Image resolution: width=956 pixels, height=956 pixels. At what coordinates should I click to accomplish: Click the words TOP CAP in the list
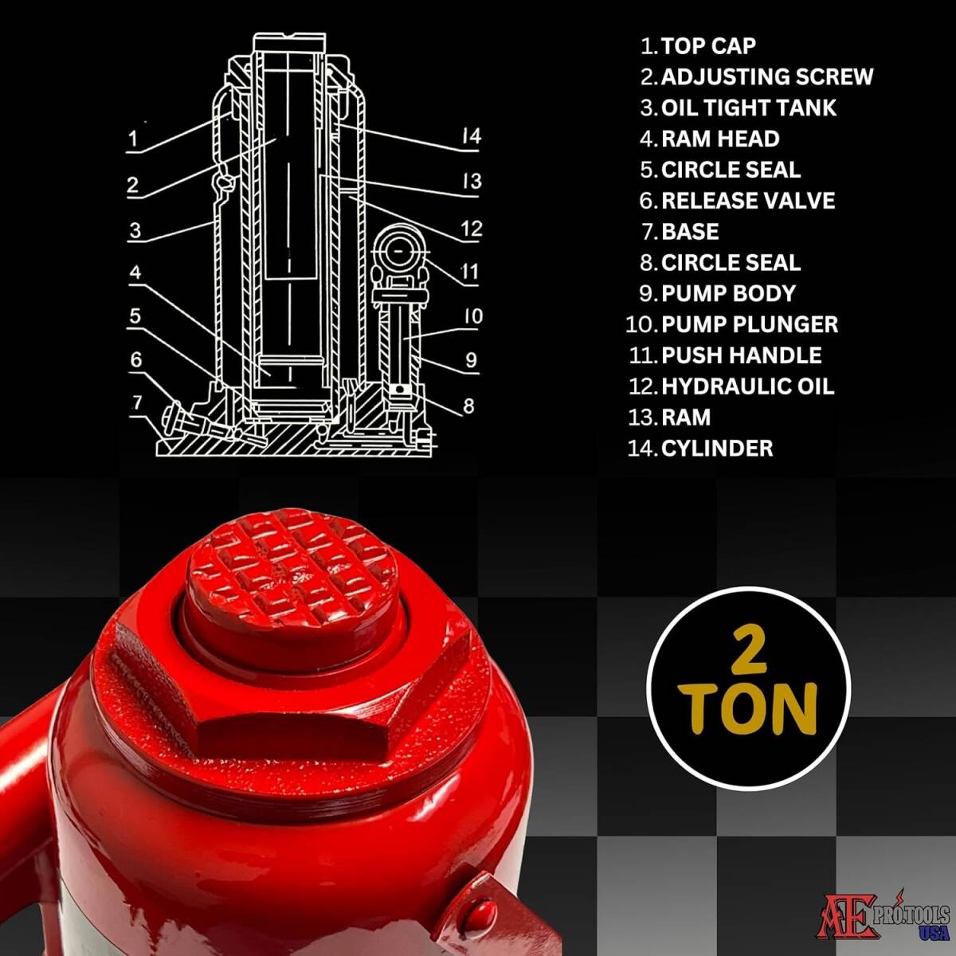(x=708, y=46)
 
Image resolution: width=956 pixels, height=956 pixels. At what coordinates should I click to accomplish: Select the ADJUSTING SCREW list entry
(x=767, y=77)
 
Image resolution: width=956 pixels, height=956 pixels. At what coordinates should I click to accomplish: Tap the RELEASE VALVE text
(x=748, y=201)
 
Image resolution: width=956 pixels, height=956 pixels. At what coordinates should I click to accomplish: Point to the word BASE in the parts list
(x=690, y=232)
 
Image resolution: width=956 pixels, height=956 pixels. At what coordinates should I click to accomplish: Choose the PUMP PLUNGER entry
(x=750, y=324)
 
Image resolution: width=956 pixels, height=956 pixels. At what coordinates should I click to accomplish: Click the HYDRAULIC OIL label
(x=747, y=386)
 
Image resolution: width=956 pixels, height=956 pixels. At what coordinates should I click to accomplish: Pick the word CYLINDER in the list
(x=717, y=449)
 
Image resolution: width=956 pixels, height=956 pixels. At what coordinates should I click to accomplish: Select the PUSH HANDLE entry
(x=741, y=355)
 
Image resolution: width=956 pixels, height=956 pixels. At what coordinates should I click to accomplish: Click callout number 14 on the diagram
(x=471, y=135)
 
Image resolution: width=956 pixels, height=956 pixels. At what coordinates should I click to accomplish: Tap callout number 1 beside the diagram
(x=132, y=139)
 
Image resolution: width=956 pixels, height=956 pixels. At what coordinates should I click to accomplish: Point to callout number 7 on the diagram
(x=137, y=402)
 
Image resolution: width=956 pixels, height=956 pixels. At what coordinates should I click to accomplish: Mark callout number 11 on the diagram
(x=469, y=272)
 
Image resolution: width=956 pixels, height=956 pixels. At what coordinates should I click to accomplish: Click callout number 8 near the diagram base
(x=468, y=406)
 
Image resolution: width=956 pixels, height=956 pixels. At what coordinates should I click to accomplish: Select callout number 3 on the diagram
(x=135, y=230)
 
